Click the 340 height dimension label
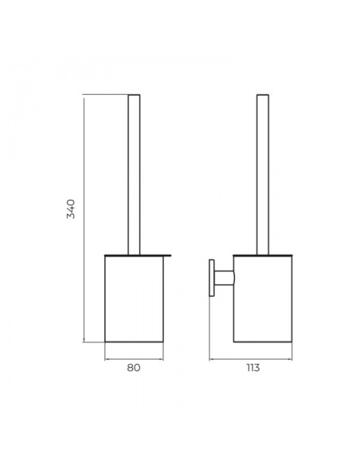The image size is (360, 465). click(71, 209)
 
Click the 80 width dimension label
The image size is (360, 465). click(134, 368)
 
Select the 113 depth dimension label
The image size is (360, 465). click(253, 368)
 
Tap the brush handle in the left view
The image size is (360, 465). click(134, 174)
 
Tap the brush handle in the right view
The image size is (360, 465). click(263, 174)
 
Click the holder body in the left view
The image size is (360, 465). click(134, 299)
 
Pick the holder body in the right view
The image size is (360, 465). click(263, 299)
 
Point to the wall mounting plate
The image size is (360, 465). click(212, 278)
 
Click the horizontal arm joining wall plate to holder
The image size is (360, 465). click(224, 278)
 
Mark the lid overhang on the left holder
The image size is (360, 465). click(167, 255)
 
